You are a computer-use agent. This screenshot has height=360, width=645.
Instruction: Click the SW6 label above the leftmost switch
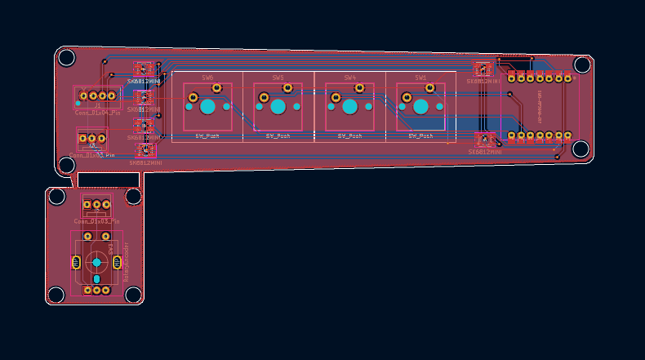[207, 78]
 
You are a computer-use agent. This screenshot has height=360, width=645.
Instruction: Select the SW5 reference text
[278, 78]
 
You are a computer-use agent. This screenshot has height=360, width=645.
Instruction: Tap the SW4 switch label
[349, 78]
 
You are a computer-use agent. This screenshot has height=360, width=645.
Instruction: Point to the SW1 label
[420, 78]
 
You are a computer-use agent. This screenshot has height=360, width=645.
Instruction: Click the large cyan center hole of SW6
[207, 107]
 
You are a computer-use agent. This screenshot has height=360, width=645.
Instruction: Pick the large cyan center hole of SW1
[420, 107]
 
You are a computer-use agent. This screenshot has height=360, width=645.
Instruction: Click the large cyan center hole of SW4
[349, 107]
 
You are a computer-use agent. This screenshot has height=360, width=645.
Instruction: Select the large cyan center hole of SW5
[278, 107]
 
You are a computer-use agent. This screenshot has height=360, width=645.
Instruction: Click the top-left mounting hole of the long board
[66, 58]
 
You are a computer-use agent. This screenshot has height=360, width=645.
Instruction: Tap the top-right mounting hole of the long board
[582, 64]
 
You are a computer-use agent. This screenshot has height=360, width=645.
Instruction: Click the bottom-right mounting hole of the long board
[580, 149]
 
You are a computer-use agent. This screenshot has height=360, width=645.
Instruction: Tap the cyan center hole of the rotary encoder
[96, 262]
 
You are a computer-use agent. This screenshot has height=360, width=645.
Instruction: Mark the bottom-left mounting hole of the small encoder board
[56, 294]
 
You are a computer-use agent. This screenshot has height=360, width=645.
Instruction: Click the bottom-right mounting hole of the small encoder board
[133, 294]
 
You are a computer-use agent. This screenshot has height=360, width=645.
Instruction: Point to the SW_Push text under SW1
[420, 136]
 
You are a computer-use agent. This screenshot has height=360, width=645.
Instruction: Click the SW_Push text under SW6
[207, 136]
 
